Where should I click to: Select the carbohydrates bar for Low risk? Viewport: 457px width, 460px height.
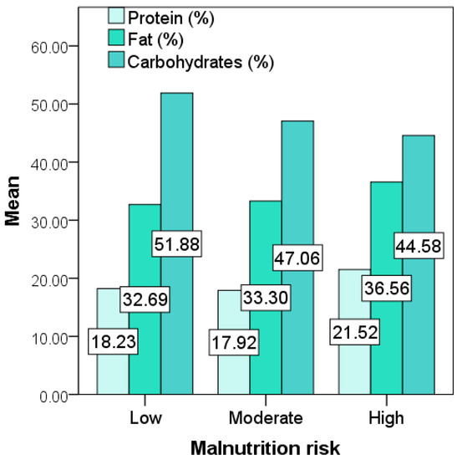click(177, 167)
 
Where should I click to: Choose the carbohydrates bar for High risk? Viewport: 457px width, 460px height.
click(418, 184)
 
